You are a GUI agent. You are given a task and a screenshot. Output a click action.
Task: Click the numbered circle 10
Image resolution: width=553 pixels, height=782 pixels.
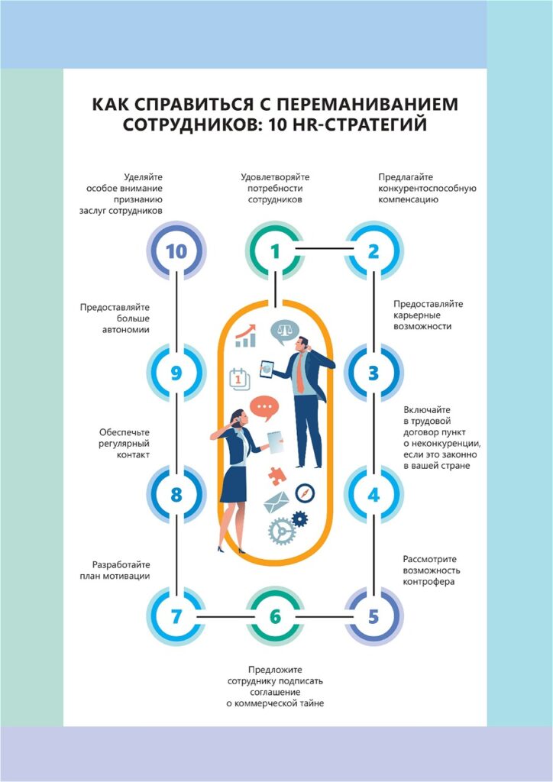coord(176,251)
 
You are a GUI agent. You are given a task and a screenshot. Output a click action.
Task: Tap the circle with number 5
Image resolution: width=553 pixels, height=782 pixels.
coord(374,616)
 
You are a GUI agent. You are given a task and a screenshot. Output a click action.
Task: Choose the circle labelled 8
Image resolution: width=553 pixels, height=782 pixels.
coord(176,494)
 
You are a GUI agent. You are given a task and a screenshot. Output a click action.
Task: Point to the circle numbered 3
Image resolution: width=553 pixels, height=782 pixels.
coord(374,373)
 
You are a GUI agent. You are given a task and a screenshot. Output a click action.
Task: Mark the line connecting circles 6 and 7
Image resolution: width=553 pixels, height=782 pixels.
coord(225,616)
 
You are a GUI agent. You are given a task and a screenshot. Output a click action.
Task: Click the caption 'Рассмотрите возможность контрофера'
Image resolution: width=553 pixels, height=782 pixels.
coord(430,570)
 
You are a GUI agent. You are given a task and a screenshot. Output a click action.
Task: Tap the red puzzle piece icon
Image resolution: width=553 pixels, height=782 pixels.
coord(276,475)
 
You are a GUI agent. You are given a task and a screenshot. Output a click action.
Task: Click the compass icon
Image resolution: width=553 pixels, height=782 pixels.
coord(305,493)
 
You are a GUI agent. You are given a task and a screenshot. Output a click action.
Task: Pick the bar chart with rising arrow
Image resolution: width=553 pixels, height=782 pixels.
coord(245,337)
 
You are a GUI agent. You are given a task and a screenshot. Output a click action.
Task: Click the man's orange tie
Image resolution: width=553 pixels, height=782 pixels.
coord(300,375)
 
